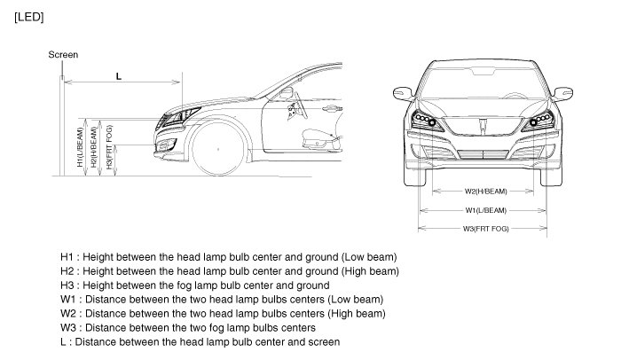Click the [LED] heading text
[29, 17]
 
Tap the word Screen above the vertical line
[64, 55]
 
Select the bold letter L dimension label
[118, 77]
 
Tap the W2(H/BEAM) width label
[484, 192]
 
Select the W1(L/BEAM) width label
[484, 210]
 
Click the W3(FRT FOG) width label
[484, 229]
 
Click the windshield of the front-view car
[484, 82]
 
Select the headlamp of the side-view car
[182, 116]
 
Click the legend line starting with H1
[228, 257]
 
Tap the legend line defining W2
[223, 314]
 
